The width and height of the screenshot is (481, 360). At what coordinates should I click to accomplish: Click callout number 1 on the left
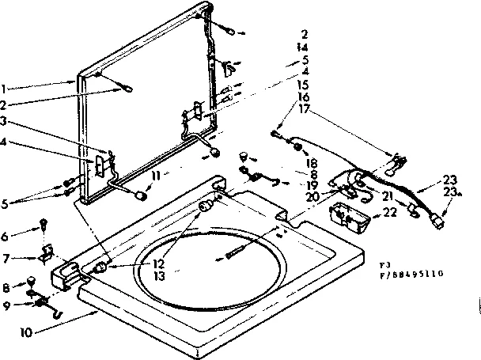click(x=6, y=88)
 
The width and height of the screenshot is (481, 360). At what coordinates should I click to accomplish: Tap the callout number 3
click(x=6, y=121)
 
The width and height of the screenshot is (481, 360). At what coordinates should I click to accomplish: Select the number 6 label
click(x=6, y=236)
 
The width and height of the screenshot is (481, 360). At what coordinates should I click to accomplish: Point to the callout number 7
click(x=6, y=258)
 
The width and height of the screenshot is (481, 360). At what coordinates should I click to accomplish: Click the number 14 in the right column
click(x=304, y=47)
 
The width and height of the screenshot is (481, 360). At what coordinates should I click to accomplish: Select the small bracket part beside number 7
click(x=45, y=253)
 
